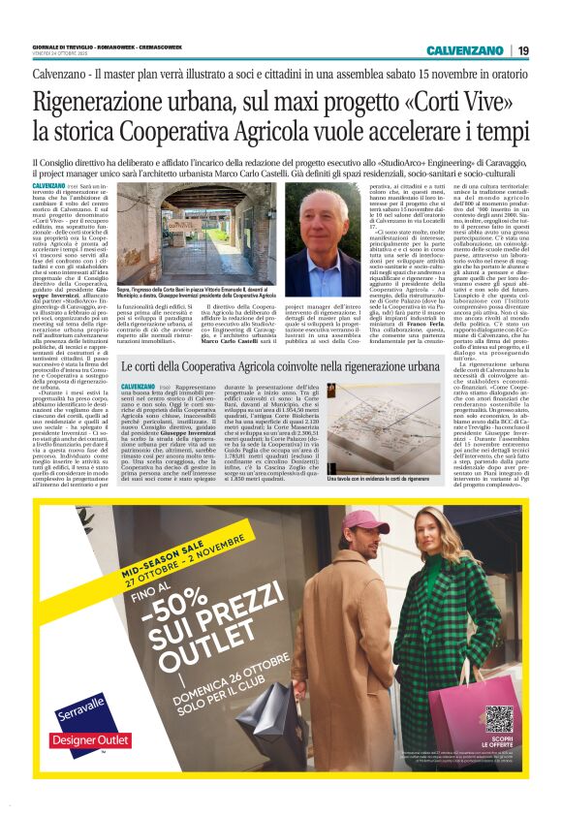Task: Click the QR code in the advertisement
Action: [497, 719]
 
